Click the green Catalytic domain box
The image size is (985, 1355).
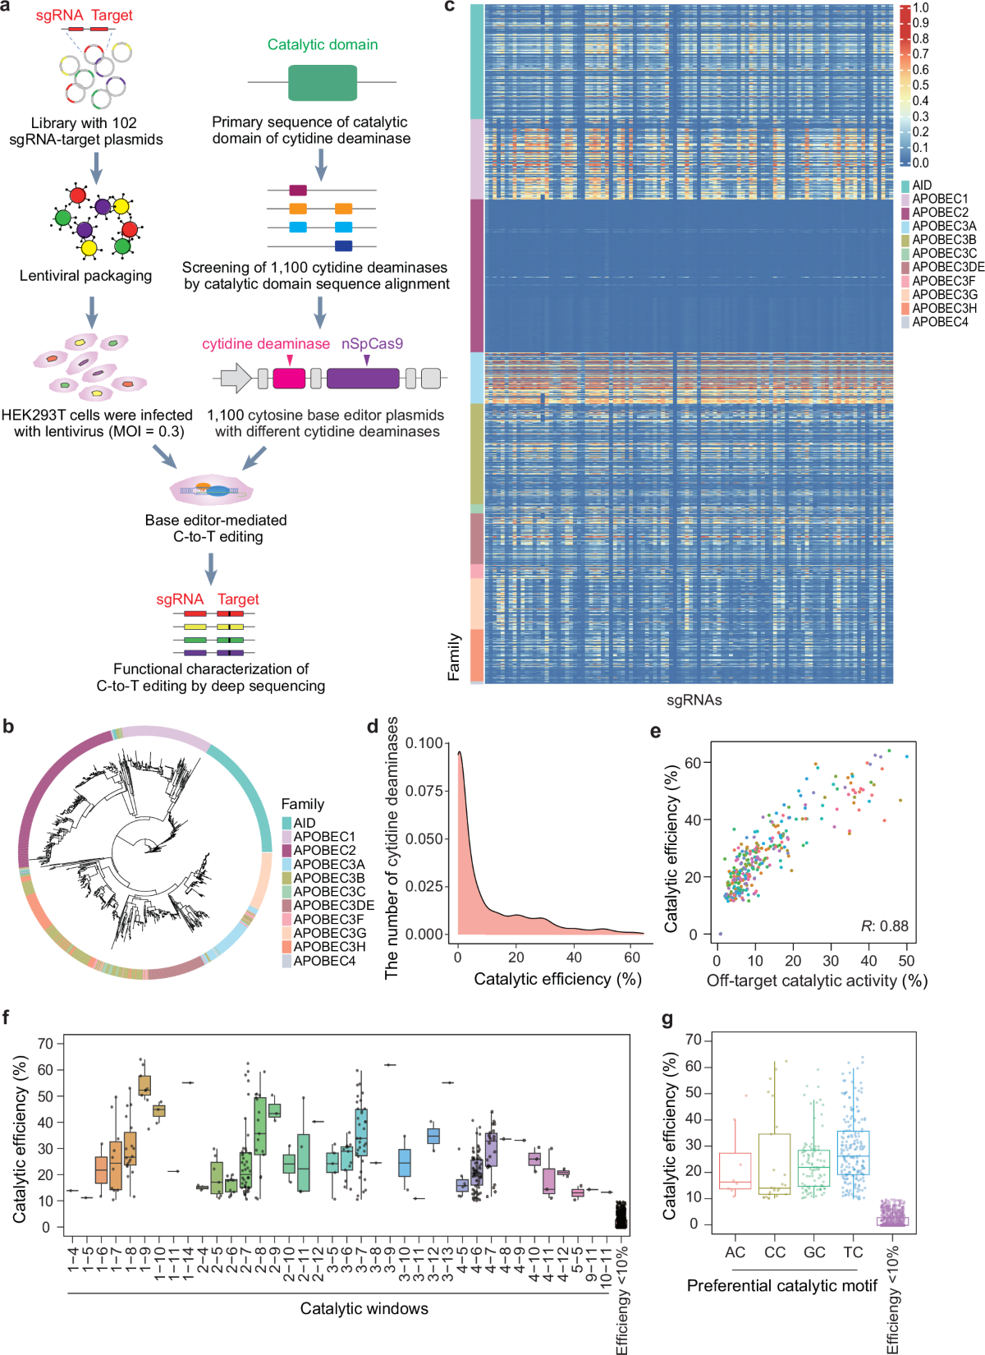[323, 82]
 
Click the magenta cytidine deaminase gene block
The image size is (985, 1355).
[289, 379]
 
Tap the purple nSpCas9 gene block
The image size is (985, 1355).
[363, 379]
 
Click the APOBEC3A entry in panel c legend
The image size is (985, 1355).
[943, 226]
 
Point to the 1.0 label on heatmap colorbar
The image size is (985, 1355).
[921, 7]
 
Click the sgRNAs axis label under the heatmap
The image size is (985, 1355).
[694, 700]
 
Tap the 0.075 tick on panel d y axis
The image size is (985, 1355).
[427, 791]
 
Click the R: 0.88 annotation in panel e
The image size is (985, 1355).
[884, 926]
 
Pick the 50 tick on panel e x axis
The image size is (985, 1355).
[906, 960]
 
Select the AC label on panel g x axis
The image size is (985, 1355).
[735, 1252]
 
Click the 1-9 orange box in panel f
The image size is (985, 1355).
[144, 1086]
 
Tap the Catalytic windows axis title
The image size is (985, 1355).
[364, 1308]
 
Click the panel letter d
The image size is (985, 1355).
[373, 727]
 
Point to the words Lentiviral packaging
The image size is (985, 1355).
[85, 276]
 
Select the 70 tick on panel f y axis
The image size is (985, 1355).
[45, 1044]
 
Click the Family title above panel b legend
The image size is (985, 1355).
[302, 804]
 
